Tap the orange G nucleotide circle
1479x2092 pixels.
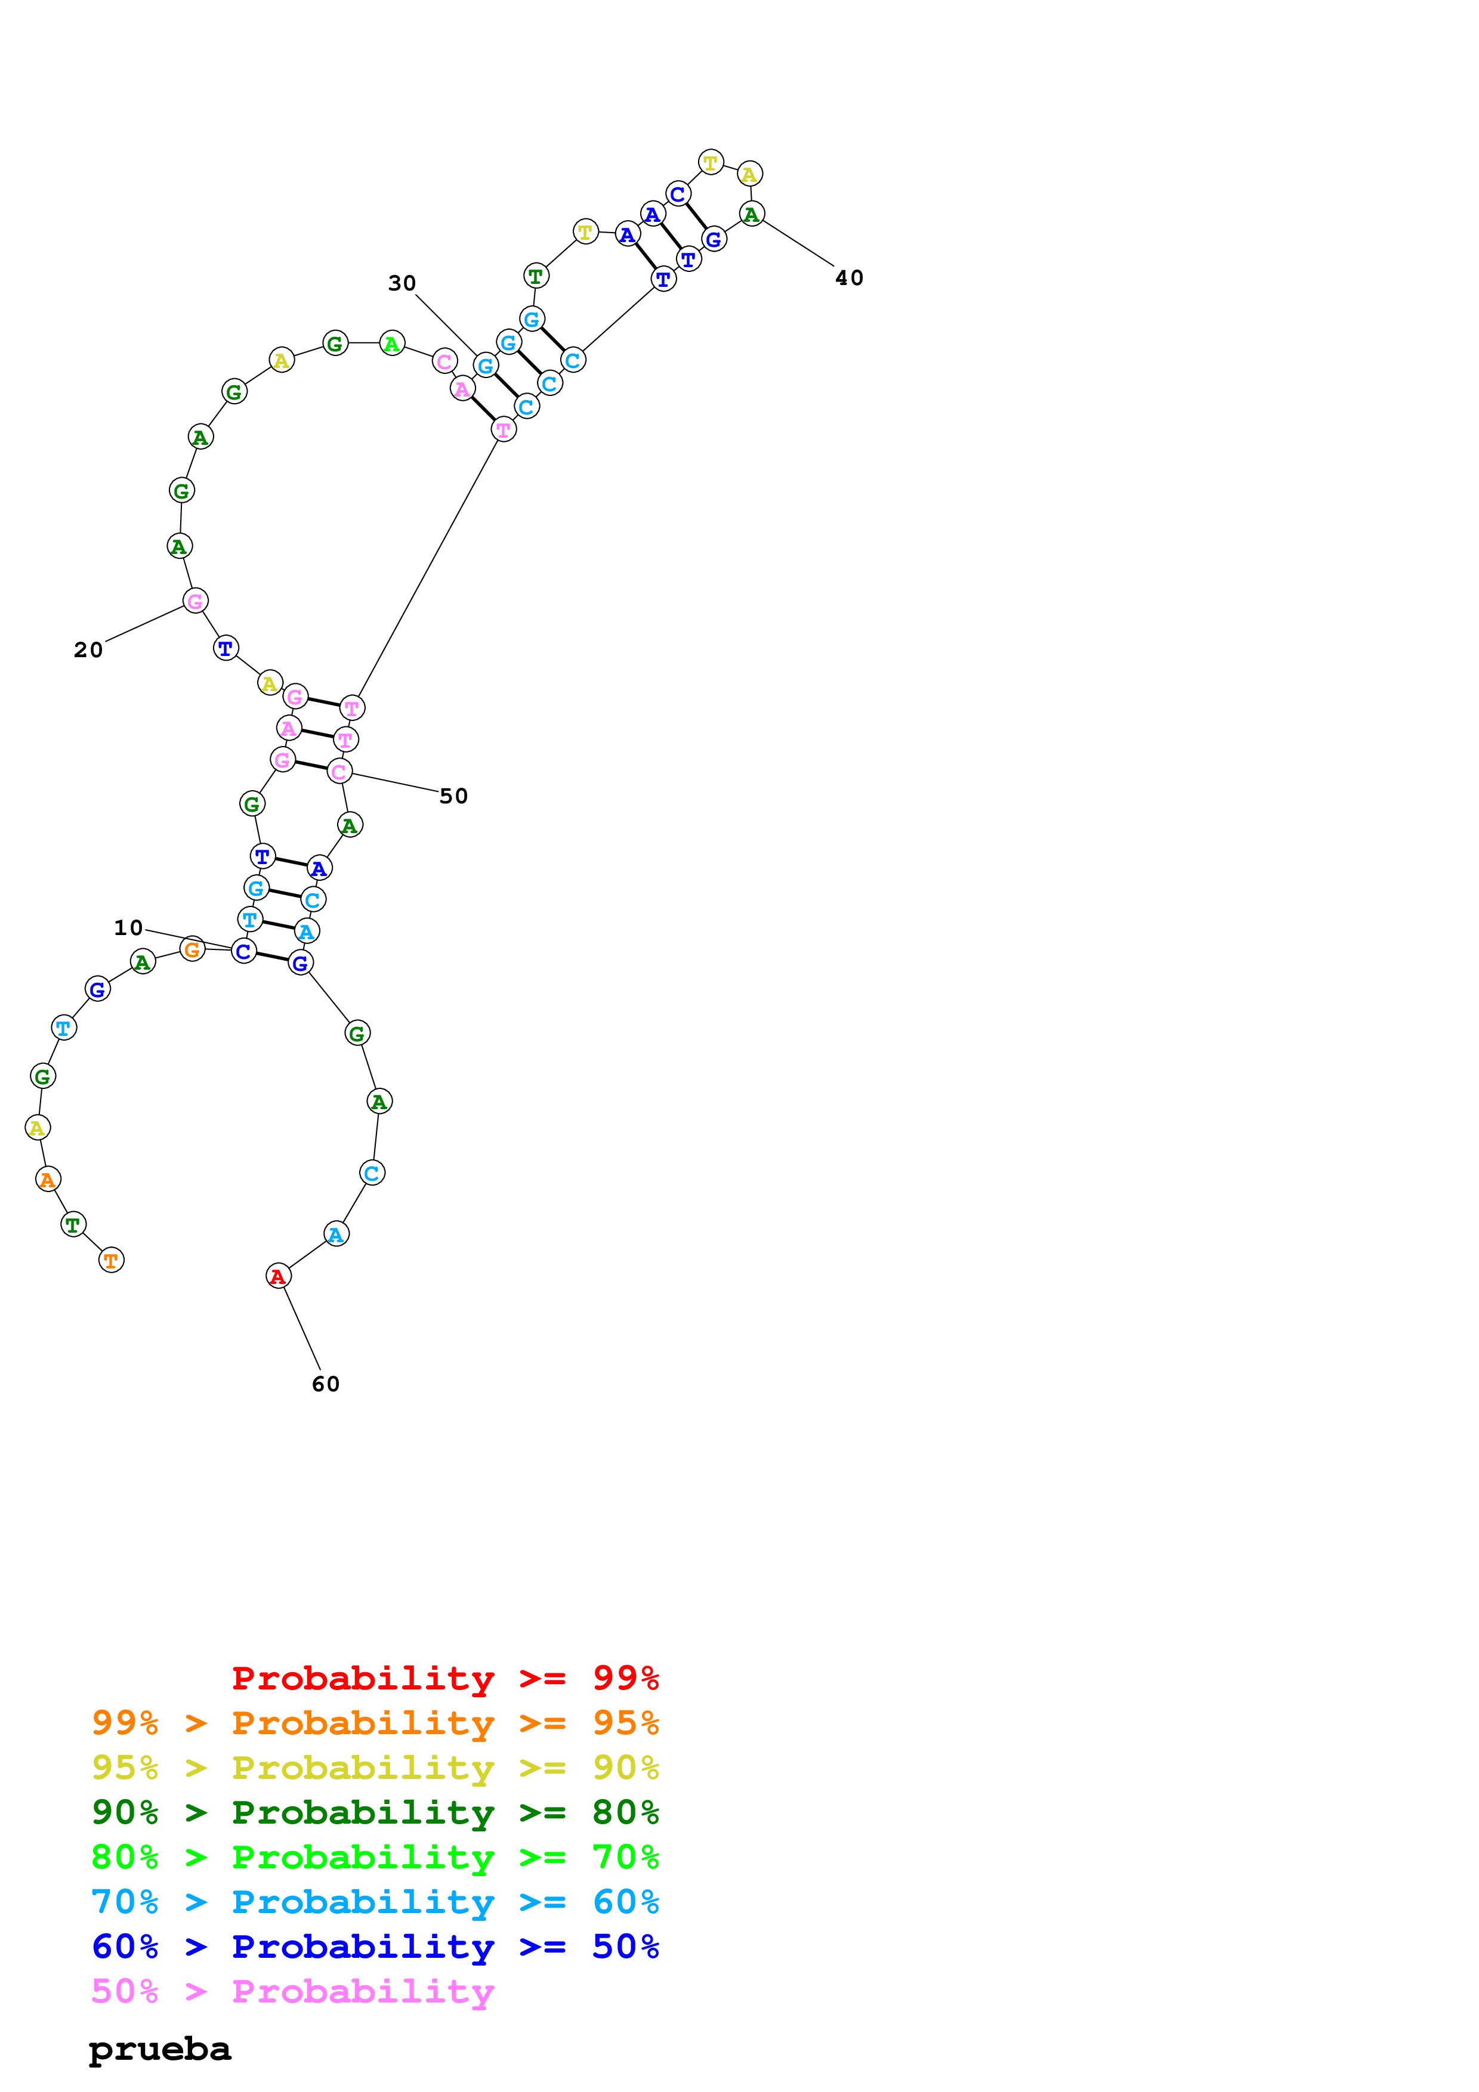coord(192,949)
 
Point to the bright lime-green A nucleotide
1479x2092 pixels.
coord(392,343)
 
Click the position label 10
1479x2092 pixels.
coord(128,927)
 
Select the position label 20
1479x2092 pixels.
coord(88,649)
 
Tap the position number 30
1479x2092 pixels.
coord(402,283)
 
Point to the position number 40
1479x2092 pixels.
coord(850,278)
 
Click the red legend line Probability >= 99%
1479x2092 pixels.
coord(444,1678)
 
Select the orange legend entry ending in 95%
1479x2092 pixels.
coord(375,1723)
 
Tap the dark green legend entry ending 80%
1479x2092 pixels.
coord(375,1812)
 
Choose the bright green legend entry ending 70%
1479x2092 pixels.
coord(375,1857)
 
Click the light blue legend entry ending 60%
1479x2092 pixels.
coord(375,1902)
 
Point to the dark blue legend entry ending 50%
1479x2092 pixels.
coord(375,1946)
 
